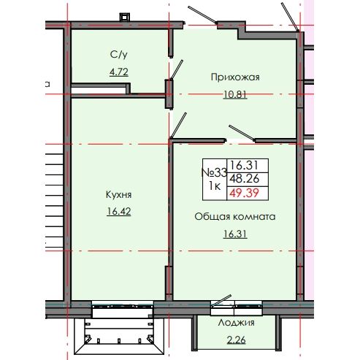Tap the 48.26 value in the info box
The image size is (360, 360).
tap(244, 180)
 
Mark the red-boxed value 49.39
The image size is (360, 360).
tap(244, 194)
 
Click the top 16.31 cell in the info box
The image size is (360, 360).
tap(244, 166)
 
